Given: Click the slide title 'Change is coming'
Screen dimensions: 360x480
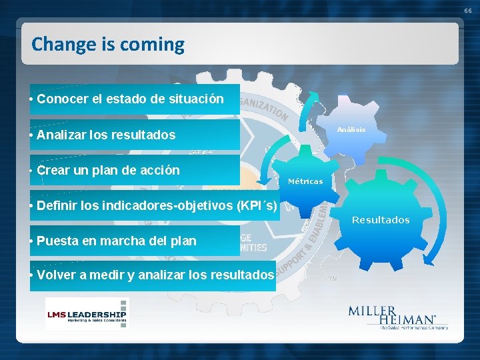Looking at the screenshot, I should [x=108, y=45].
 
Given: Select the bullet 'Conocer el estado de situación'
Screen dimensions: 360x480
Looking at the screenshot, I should [x=131, y=99].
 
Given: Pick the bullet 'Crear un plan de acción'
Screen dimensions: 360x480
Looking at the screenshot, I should [x=108, y=170].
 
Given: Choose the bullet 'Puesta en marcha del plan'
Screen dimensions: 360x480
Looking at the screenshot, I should [x=117, y=241].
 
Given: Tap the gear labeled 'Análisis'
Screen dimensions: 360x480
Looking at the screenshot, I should [x=351, y=130].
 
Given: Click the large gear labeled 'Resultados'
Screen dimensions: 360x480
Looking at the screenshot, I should [x=381, y=220].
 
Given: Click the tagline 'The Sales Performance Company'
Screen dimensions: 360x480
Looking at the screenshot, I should [x=413, y=327].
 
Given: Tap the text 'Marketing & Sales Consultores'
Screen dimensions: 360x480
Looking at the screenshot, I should [x=85, y=321].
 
